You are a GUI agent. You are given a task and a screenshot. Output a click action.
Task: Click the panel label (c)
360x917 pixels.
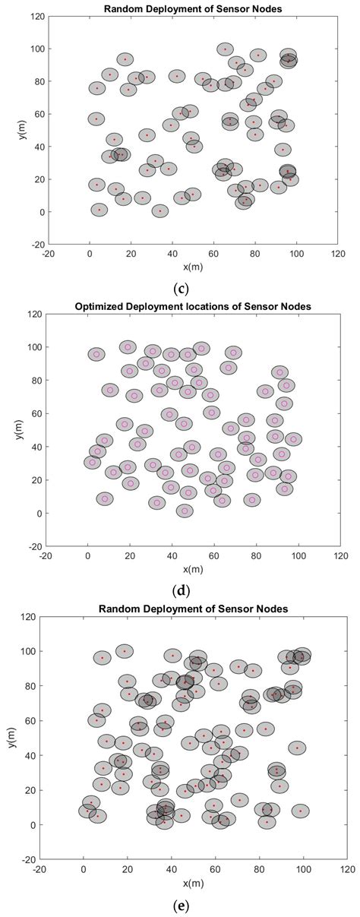pos(180,288)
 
